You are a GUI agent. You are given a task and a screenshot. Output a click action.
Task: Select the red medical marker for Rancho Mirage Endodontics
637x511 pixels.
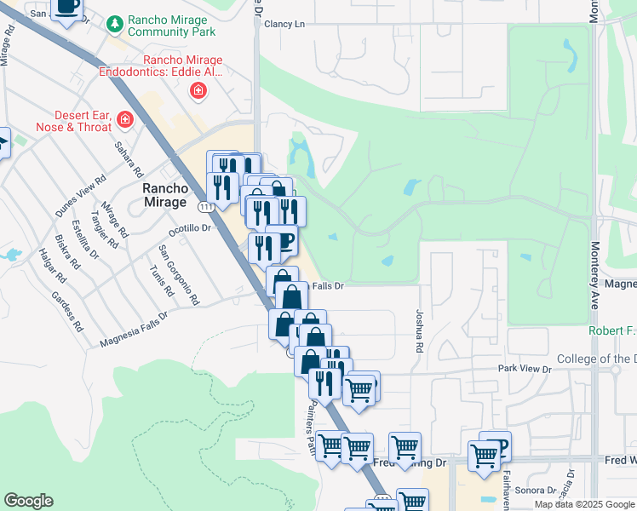coord(198,89)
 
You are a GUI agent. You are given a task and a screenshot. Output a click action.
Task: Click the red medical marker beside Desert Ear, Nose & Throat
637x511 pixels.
coord(125,120)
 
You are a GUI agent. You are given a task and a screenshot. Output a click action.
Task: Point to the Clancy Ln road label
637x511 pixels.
coord(284,25)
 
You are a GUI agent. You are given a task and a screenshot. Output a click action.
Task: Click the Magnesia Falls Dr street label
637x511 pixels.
coord(134,329)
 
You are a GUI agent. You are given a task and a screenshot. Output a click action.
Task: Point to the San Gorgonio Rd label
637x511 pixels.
coord(179,276)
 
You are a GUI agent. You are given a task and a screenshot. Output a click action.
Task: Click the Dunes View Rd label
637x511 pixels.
coord(80,196)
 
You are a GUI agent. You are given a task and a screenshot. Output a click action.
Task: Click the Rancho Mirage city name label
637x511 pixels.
coord(164,195)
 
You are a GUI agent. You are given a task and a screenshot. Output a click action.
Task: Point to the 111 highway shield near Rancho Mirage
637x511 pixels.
coord(206,206)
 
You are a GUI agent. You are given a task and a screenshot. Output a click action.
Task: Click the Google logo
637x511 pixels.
coord(28,501)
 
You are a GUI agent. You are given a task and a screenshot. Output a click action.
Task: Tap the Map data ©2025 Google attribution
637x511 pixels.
coord(584,504)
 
